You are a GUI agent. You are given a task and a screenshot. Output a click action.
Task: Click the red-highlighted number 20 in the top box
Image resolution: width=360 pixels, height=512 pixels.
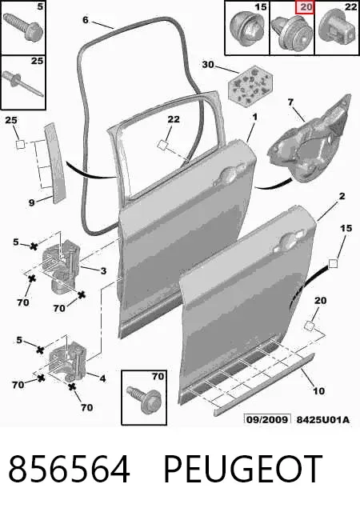pos(305,7)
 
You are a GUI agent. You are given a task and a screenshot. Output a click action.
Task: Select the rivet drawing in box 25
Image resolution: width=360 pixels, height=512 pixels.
pos(23,84)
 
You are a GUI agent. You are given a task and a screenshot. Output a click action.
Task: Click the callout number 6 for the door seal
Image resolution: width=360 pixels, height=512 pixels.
pos(85,20)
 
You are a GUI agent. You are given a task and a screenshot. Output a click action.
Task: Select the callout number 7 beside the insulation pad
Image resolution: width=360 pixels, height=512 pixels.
pos(290,103)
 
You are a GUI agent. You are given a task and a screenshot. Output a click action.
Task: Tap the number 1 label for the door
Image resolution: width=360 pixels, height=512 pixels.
pos(255,117)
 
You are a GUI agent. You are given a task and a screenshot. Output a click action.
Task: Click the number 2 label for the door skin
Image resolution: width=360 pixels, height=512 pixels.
pos(342,196)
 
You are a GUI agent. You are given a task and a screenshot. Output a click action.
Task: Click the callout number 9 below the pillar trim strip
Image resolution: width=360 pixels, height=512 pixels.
pos(31,202)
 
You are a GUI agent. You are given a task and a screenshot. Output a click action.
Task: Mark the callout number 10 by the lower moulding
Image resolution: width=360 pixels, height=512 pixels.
pos(318,390)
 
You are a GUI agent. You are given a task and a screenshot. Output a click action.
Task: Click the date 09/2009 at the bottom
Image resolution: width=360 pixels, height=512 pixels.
pos(267,419)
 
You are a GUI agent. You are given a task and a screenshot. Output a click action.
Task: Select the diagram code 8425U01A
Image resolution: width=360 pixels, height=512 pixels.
pos(322,419)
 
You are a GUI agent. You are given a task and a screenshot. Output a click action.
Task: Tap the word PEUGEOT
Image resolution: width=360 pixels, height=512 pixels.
pos(242,470)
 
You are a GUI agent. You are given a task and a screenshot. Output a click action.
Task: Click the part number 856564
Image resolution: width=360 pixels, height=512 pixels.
pos(70,470)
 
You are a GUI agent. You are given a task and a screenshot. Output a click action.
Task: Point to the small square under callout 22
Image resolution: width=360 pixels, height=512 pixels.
pos(162,145)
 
